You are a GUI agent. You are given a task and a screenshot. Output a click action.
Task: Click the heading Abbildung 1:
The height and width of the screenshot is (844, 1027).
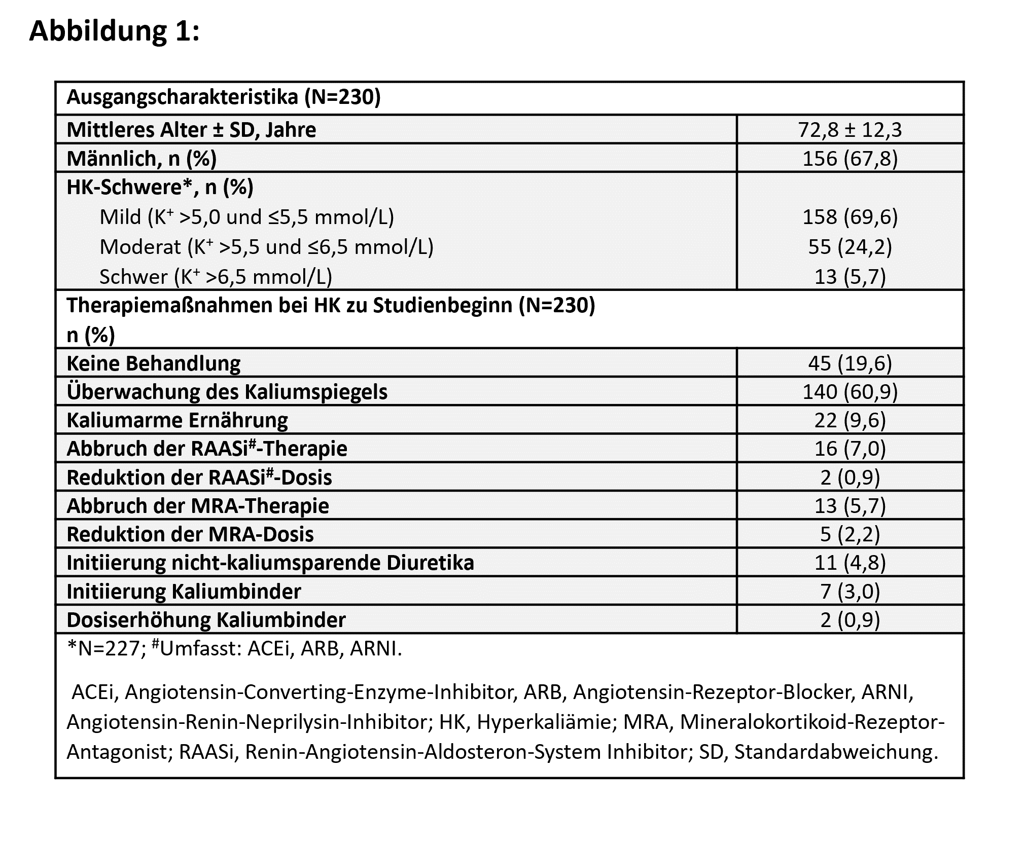(x=115, y=31)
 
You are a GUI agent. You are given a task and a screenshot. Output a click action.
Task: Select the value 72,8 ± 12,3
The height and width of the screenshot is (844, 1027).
(x=850, y=130)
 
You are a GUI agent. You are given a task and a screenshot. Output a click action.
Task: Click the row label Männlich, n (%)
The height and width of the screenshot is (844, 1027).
(x=141, y=159)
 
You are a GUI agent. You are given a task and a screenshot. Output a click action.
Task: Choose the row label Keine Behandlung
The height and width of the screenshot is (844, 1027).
(x=154, y=363)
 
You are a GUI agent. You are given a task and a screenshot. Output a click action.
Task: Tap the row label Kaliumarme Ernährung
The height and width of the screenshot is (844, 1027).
(x=177, y=420)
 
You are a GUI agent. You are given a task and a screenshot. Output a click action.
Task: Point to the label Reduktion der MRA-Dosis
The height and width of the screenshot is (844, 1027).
(x=190, y=534)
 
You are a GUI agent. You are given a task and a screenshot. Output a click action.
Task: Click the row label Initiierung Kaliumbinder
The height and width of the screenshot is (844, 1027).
(x=184, y=591)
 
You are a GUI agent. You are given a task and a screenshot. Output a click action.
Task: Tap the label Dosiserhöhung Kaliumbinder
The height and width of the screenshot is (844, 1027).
(x=206, y=620)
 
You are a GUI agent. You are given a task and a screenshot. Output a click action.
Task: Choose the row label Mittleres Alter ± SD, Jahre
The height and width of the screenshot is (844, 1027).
(x=191, y=130)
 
